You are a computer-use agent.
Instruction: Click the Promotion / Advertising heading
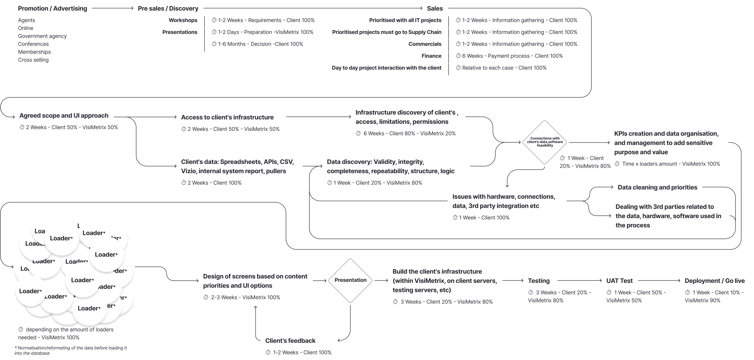[x=52, y=9]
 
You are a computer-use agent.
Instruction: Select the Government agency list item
[x=42, y=36]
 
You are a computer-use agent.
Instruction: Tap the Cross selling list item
[x=33, y=60]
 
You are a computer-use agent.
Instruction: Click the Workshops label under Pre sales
[x=183, y=20]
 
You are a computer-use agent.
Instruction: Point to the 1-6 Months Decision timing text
[x=260, y=44]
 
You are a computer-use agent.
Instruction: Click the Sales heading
[x=435, y=9]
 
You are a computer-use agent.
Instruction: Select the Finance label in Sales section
[x=431, y=56]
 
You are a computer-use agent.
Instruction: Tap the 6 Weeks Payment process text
[x=512, y=56]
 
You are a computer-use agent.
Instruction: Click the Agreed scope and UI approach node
[x=64, y=116]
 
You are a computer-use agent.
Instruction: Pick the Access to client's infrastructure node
[x=227, y=117]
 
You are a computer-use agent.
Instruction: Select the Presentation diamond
[x=350, y=280]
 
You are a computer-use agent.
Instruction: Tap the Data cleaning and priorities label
[x=657, y=187]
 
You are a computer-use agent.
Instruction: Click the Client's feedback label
[x=290, y=341]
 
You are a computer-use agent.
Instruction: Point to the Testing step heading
[x=539, y=281]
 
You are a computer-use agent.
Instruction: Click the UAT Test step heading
[x=619, y=281]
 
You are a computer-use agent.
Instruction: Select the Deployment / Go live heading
[x=715, y=281]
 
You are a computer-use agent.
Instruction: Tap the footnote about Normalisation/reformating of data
[x=71, y=350]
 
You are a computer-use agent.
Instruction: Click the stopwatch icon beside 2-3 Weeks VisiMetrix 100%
[x=206, y=297]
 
